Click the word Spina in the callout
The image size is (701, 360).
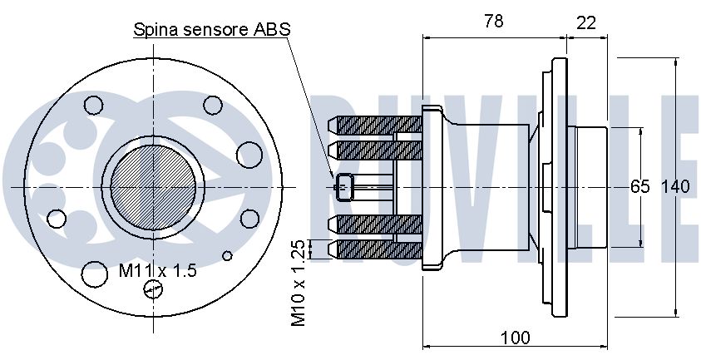coord(156,30)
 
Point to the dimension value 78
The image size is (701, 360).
coord(493,22)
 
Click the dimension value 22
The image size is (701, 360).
coord(586,22)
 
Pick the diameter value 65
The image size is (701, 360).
coord(639,186)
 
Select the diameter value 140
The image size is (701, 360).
coord(675,186)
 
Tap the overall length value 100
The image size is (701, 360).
coord(516,337)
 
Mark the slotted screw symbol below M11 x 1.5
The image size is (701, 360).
coord(152,288)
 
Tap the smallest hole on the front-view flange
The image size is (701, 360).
coord(229,255)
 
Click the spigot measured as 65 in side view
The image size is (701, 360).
coord(590,186)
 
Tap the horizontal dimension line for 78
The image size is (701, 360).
coord(494,37)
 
